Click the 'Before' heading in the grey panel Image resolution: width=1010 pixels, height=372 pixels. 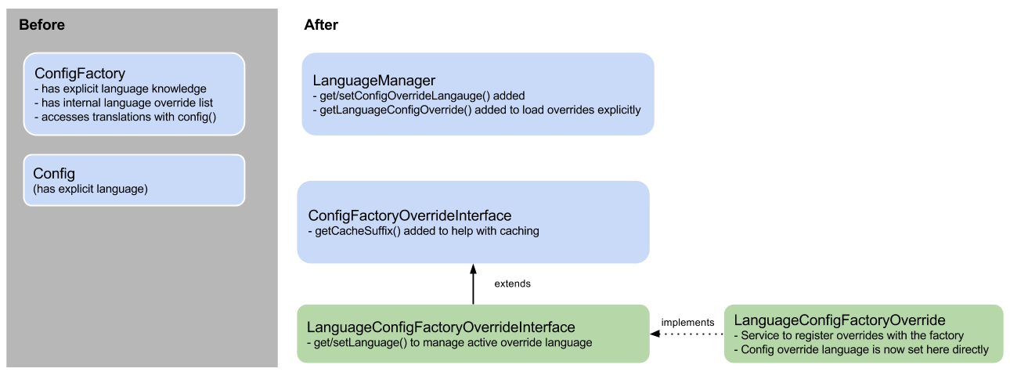(x=41, y=25)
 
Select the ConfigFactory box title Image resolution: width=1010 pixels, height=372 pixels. (x=80, y=74)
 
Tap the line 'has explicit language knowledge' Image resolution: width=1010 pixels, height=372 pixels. (x=121, y=88)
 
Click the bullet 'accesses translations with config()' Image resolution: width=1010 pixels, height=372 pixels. (x=125, y=117)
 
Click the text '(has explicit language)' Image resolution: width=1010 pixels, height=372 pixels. (x=90, y=189)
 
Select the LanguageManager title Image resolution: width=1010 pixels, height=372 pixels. (x=373, y=81)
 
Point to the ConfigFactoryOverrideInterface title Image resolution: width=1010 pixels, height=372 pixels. (x=409, y=215)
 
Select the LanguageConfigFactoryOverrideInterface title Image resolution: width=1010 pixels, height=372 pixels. (x=441, y=327)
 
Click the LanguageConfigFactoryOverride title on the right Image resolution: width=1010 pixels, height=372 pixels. (x=839, y=320)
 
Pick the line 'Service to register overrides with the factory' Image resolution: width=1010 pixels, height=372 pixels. (x=851, y=335)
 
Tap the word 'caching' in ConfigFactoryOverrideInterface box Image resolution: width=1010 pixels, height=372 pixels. (x=518, y=231)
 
